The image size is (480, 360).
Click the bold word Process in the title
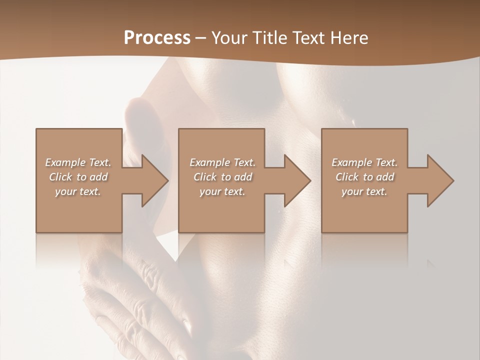157,38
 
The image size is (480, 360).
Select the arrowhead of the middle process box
297,180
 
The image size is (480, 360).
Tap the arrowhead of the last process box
440,180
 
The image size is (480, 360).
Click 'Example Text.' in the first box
78,162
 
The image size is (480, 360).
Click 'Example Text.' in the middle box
222,162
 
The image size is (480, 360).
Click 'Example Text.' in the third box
364,162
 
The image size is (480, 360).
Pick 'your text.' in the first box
78,191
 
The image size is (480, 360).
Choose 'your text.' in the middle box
222,191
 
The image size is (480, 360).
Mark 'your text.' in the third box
364,191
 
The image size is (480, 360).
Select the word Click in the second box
205,177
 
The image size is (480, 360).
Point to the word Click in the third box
347,177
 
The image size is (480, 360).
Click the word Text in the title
308,38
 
